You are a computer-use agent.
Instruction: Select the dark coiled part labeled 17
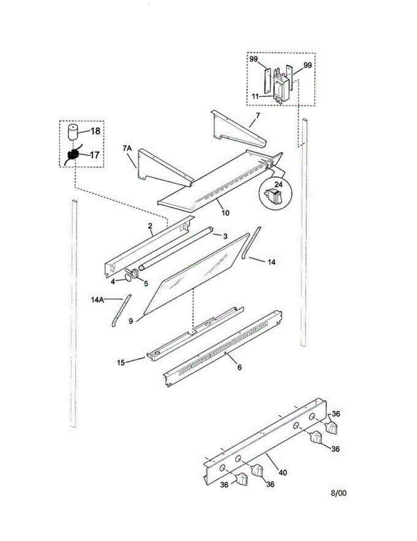(72, 156)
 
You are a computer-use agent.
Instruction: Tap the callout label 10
(225, 212)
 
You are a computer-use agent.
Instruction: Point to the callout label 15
(122, 362)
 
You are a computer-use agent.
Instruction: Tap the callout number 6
(239, 367)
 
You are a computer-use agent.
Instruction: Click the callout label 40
(283, 473)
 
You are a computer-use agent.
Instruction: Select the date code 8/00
(339, 493)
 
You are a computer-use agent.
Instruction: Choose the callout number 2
(150, 226)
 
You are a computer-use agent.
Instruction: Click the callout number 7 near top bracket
(257, 116)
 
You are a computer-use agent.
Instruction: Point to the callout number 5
(145, 283)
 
